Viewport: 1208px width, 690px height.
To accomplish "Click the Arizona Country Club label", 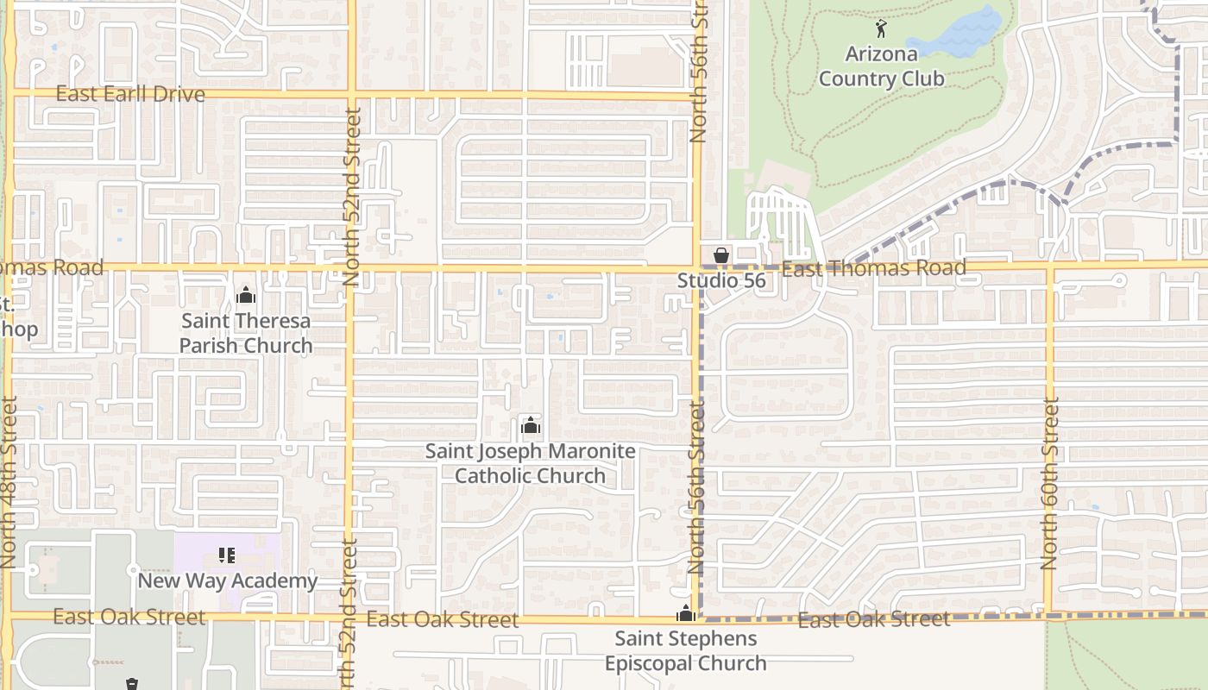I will point(881,66).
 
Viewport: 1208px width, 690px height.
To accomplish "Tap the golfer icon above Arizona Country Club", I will point(881,28).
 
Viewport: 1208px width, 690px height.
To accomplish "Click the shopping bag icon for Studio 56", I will point(721,254).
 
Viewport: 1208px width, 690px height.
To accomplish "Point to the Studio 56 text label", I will point(720,281).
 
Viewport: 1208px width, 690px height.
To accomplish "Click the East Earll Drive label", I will point(130,94).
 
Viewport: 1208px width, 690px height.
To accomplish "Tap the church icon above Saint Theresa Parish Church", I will point(246,296).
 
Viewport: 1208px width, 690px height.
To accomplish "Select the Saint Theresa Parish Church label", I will point(246,333).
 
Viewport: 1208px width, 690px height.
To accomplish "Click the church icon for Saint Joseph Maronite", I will point(531,426).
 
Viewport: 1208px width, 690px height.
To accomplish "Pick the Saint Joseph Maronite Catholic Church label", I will point(531,463).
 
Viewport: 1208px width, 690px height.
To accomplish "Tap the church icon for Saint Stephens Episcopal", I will point(686,614).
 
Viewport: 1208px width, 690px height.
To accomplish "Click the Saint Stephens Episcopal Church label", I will point(686,650).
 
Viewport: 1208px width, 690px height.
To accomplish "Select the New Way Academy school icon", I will point(227,555).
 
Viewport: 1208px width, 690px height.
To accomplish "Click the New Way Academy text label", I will point(228,580).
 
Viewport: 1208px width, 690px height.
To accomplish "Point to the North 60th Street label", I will point(1049,483).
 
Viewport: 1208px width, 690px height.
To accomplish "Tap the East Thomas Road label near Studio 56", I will point(873,269).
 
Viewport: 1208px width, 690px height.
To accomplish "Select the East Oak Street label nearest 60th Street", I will point(873,619).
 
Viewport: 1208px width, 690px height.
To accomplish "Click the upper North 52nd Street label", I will point(351,197).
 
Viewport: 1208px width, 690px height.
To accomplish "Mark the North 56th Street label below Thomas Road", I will point(697,487).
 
